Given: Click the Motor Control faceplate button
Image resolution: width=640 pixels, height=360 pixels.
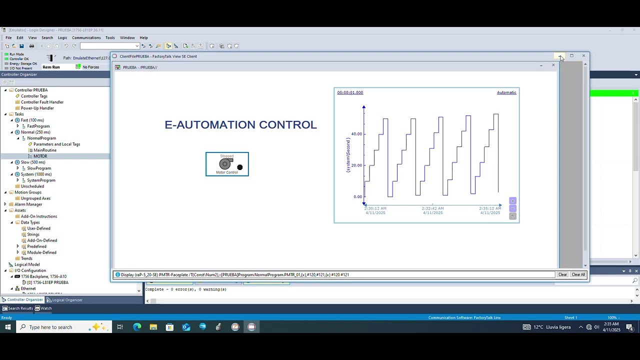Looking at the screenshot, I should (227, 164).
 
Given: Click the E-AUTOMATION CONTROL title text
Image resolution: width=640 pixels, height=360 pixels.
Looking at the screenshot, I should (240, 124).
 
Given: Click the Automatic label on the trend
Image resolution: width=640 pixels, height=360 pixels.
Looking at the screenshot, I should (506, 92).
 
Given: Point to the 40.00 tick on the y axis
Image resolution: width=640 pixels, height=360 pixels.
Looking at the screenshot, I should (356, 134).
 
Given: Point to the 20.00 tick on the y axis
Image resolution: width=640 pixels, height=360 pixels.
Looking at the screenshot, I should (356, 165).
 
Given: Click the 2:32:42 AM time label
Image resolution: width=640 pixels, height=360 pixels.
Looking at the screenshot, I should (432, 208).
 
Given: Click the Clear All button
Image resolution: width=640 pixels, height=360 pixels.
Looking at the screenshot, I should (578, 274).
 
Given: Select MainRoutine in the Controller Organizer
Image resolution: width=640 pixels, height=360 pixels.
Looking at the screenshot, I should (44, 150).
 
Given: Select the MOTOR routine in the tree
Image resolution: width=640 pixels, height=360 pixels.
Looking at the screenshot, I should (40, 156).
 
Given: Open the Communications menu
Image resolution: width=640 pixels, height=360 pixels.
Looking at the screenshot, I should (86, 37).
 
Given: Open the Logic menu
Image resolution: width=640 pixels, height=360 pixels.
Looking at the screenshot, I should (62, 37).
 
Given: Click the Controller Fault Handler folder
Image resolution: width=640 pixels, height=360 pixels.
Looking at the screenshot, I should (42, 102).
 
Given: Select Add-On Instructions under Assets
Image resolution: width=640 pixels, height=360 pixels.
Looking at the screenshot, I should (39, 216).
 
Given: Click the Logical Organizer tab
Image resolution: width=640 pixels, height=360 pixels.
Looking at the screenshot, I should (67, 300).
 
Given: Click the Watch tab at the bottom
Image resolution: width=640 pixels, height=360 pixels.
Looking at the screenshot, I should (46, 308).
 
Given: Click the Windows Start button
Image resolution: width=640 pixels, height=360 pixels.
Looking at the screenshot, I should (7, 327).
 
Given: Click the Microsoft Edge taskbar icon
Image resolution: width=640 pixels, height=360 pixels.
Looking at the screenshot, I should (137, 327).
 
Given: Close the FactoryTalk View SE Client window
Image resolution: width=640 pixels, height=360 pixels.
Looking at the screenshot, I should (583, 56).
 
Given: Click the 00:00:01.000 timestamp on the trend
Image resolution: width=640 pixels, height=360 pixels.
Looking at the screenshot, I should (350, 92).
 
